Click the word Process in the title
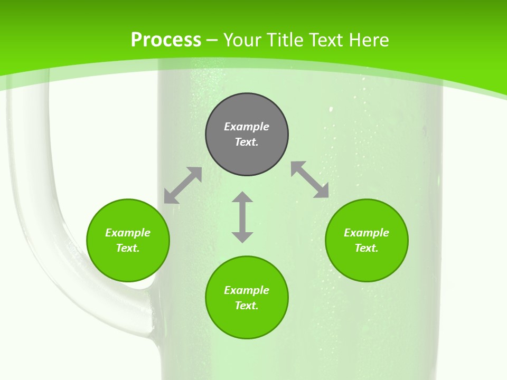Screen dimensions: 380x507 click(166, 40)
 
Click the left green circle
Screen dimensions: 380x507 click(128, 264)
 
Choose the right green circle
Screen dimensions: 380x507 click(367, 264)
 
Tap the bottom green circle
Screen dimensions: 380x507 click(247, 322)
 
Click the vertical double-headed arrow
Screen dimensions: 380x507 click(242, 217)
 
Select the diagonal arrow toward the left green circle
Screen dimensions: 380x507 click(183, 185)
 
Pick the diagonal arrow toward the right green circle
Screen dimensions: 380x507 click(310, 179)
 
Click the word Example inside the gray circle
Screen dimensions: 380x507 click(247, 127)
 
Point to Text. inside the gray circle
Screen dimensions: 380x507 click(247, 142)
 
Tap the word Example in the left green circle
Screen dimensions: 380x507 click(128, 233)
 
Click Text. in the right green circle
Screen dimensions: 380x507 click(367, 248)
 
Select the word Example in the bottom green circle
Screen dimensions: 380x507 click(247, 290)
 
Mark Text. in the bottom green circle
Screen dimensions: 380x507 click(247, 306)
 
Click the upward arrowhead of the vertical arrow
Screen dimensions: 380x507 click(242, 197)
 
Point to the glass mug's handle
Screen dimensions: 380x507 click(32, 211)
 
